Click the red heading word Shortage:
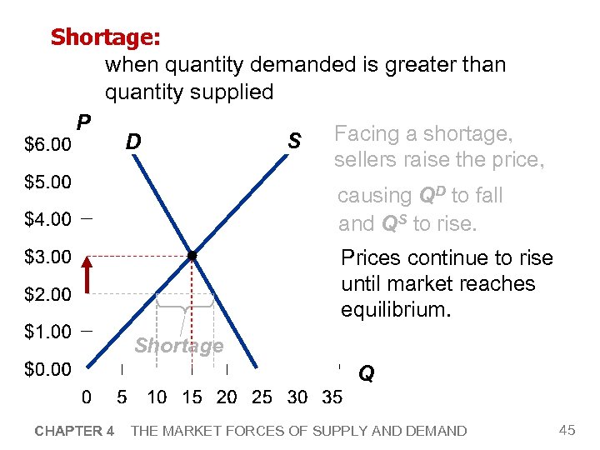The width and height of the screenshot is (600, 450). click(106, 37)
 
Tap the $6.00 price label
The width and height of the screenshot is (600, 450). click(47, 145)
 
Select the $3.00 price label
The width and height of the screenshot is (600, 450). click(47, 256)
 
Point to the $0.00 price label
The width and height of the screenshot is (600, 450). click(47, 368)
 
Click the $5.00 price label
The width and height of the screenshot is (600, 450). click(47, 182)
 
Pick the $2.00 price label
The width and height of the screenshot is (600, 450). click(47, 294)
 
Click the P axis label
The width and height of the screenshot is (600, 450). click(82, 123)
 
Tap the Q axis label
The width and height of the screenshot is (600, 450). click(366, 374)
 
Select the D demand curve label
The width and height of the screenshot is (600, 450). click(132, 142)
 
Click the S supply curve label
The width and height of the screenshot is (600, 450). click(293, 142)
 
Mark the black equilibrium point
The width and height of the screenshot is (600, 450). click(192, 256)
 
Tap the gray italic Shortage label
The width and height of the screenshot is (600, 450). click(179, 346)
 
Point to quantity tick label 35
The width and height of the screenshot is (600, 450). click(332, 397)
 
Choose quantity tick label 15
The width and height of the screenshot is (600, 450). click(192, 397)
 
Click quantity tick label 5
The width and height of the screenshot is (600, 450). click(122, 397)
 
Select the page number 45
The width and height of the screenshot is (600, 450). click(567, 430)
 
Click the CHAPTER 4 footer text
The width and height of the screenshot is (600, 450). click(74, 431)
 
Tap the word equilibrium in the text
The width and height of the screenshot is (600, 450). click(396, 310)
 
